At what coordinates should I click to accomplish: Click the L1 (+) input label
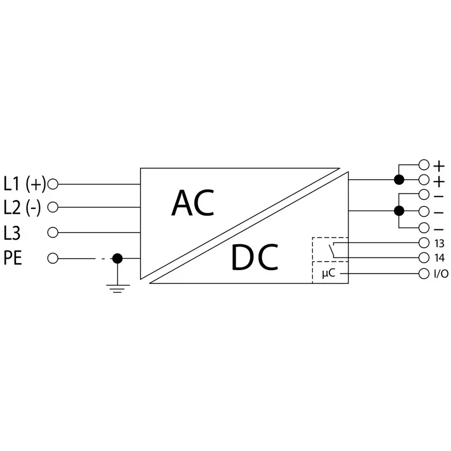tap(25, 184)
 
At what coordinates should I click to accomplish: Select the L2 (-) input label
tap(22, 207)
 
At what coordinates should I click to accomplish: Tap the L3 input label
tap(12, 233)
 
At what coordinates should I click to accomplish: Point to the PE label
tap(13, 258)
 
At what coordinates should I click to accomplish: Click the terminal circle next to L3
tap(52, 232)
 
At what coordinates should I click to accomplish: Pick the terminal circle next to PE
tap(52, 258)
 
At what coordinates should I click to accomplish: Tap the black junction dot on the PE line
tap(118, 258)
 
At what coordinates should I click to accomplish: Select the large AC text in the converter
tap(193, 203)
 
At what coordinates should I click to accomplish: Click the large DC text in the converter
tap(255, 257)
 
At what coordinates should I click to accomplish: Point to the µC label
tap(328, 273)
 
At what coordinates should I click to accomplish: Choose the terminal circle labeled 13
tap(424, 242)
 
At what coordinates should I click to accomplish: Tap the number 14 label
tap(439, 258)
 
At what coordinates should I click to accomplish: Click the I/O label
tap(441, 274)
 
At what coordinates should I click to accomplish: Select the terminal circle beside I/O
tap(424, 274)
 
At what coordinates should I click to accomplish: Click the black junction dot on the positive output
tap(399, 180)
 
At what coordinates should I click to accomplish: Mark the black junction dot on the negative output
tap(399, 211)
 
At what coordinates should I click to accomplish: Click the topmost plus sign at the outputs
tap(439, 166)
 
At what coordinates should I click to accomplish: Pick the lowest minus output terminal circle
tap(424, 228)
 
